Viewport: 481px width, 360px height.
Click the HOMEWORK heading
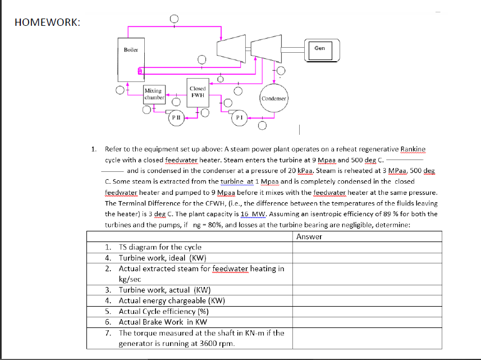[x=47, y=22]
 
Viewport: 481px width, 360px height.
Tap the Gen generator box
[x=319, y=49]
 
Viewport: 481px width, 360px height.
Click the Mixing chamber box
[x=153, y=94]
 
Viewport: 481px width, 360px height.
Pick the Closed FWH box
[x=198, y=92]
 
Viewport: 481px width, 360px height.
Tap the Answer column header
[x=309, y=236]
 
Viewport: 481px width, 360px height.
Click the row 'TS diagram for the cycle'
[x=160, y=247]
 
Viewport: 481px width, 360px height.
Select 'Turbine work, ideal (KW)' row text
[x=163, y=258]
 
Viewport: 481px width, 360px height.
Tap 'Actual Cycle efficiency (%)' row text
[x=164, y=311]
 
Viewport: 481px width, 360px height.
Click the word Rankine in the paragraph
[x=413, y=149]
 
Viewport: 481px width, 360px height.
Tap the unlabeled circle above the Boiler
[x=175, y=19]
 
